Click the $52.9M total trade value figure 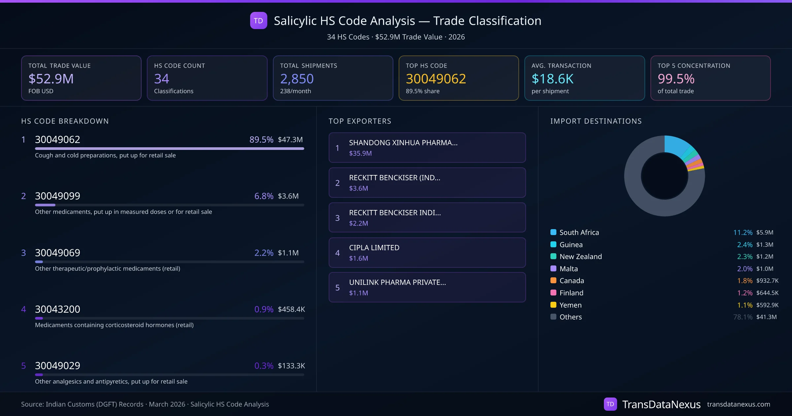click(51, 79)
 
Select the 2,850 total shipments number click(297, 79)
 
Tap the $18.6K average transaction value click(552, 79)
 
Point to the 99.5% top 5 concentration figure click(676, 79)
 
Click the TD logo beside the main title click(258, 21)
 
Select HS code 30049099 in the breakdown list click(57, 196)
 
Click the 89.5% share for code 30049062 click(261, 140)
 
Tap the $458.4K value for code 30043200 click(291, 309)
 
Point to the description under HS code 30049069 click(108, 269)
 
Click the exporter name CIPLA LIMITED click(374, 248)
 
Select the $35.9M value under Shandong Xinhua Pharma click(360, 153)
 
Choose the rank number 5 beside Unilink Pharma click(337, 288)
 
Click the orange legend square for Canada click(553, 281)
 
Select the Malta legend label click(569, 269)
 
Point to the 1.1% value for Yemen click(745, 305)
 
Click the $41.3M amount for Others click(766, 317)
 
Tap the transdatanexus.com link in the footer click(739, 404)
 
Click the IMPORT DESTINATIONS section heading click(596, 121)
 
